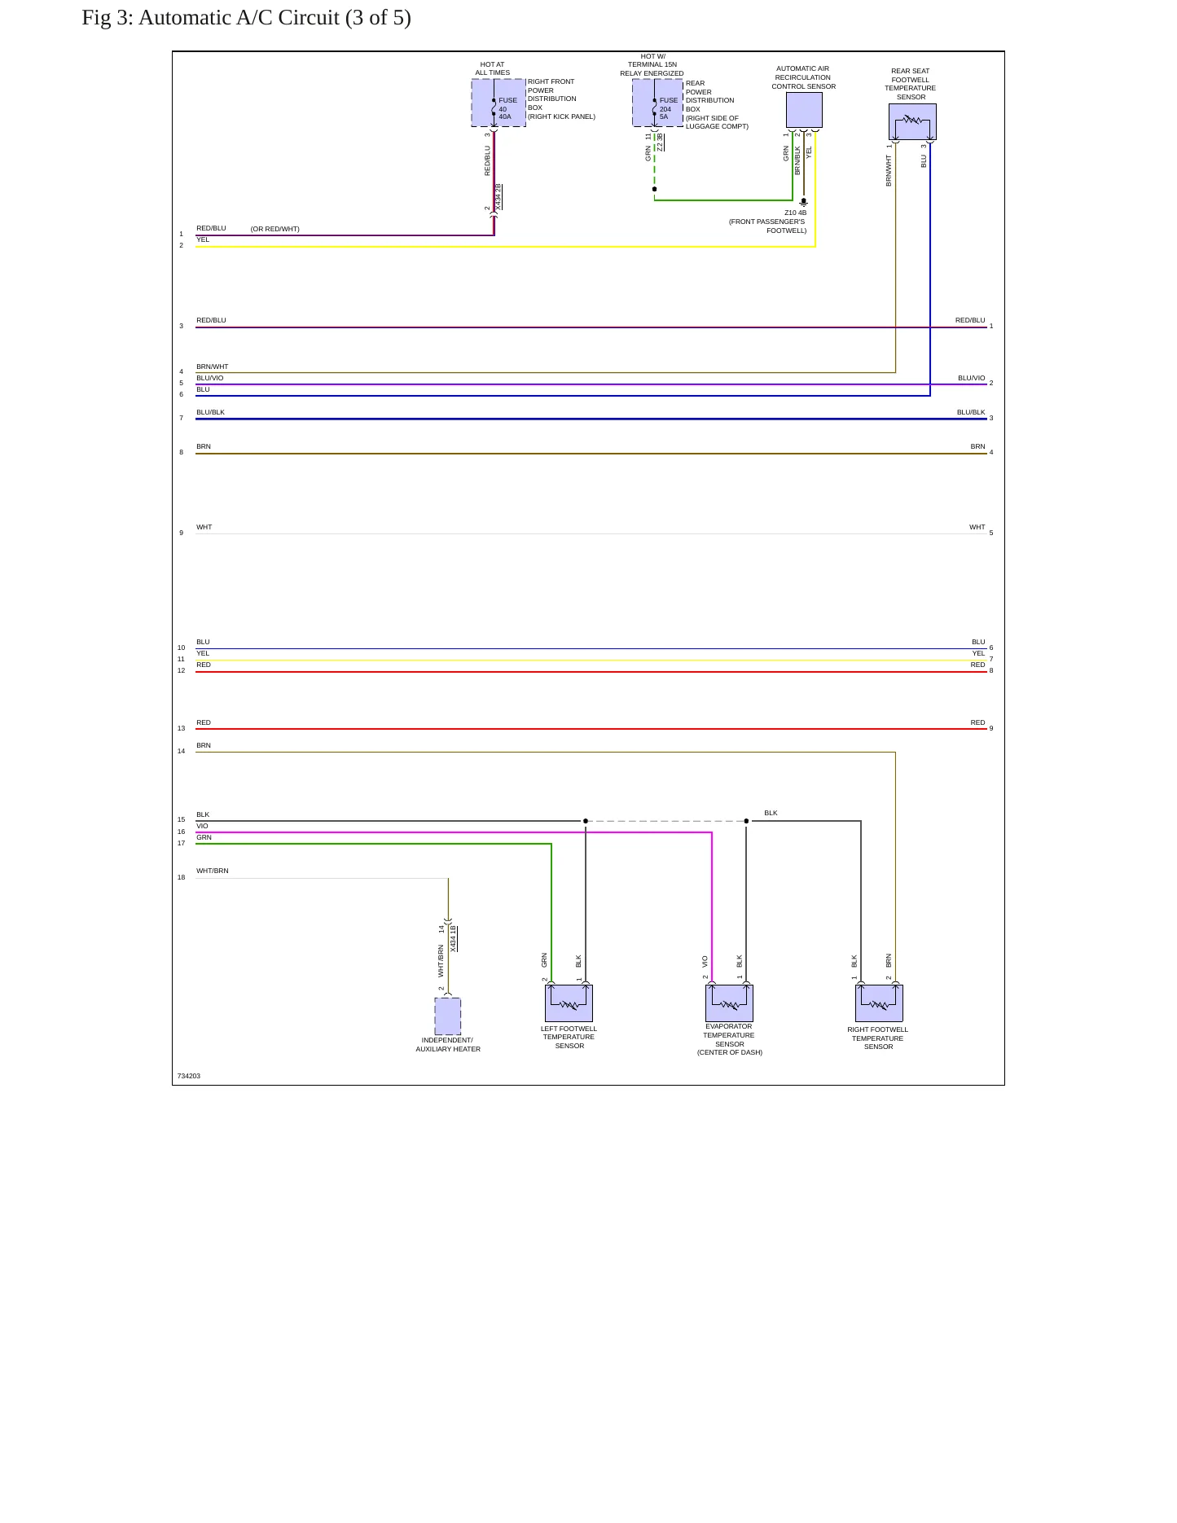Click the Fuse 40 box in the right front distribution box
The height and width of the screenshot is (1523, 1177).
[498, 103]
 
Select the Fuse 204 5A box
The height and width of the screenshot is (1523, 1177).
[658, 103]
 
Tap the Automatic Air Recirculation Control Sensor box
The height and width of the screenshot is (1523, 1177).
[804, 110]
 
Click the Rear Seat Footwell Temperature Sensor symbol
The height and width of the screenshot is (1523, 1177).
[912, 121]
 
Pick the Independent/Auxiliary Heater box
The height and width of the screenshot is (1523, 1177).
[448, 1016]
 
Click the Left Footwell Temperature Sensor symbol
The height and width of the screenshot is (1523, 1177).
[569, 1003]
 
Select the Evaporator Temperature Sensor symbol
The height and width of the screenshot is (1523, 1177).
[729, 1003]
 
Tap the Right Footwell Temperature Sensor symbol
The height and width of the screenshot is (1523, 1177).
[879, 1003]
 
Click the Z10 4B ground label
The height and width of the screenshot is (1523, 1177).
[796, 213]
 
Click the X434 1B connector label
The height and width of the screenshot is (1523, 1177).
[454, 939]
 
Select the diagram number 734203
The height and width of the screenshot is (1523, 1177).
[189, 1076]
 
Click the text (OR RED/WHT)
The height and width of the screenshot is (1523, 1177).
[275, 229]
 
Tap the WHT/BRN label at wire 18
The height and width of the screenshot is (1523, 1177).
[213, 871]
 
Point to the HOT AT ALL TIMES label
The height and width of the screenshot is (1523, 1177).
[493, 68]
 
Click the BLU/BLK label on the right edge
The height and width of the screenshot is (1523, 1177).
[971, 412]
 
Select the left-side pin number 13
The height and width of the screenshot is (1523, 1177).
[182, 728]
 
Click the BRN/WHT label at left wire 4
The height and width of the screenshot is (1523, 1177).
[213, 366]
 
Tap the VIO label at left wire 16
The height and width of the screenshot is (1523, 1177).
[202, 826]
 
